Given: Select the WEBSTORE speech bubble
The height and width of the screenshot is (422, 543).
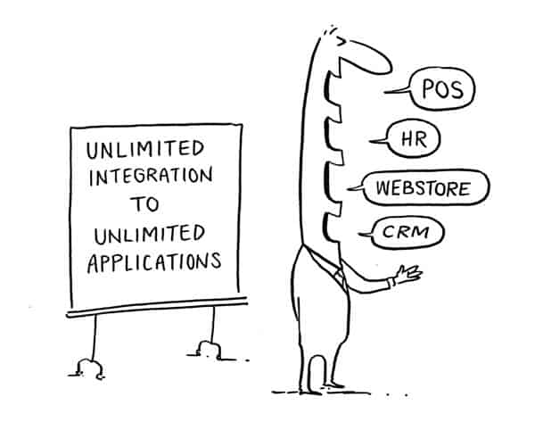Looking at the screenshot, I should [x=431, y=188].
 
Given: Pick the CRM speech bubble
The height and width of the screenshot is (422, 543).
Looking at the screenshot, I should [x=410, y=234].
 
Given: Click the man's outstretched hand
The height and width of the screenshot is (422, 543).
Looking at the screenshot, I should [x=407, y=275].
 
